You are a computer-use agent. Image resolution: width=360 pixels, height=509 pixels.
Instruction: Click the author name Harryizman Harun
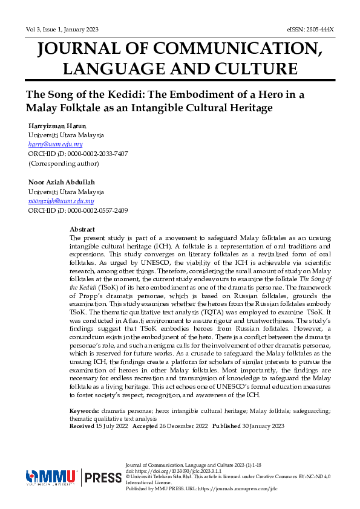pyautogui.click(x=57, y=126)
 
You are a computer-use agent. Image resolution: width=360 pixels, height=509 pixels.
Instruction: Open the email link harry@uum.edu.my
pyautogui.click(x=56, y=144)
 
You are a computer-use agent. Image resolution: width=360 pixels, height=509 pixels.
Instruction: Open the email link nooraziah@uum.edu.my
pyautogui.click(x=61, y=201)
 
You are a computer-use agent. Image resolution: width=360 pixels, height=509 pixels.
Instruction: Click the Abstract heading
pyautogui.click(x=82, y=230)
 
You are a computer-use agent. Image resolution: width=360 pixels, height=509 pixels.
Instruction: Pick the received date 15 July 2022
pyautogui.click(x=112, y=426)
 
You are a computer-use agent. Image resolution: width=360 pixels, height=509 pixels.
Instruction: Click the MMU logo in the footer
pyautogui.click(x=51, y=478)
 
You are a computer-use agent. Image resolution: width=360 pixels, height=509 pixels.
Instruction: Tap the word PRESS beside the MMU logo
pyautogui.click(x=103, y=478)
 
